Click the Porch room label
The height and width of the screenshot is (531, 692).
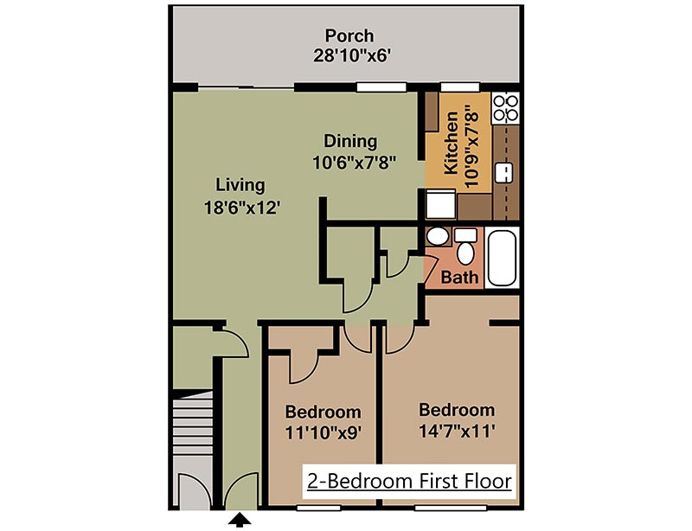tap(349, 36)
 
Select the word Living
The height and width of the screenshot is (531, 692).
tap(240, 185)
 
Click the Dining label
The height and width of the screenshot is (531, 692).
tap(350, 141)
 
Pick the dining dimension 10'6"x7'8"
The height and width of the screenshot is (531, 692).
tap(355, 162)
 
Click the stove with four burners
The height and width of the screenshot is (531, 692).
tap(504, 107)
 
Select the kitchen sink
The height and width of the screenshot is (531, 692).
tap(504, 172)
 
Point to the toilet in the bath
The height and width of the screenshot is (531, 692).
tap(466, 248)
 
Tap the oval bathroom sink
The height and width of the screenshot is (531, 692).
tap(438, 236)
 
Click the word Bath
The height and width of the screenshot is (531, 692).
tap(459, 278)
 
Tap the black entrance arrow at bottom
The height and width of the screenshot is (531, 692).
tap(241, 520)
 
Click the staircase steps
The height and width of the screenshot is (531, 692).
tap(191, 421)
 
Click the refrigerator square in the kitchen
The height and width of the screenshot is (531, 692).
tap(440, 205)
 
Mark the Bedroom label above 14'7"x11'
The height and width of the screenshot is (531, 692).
tap(456, 409)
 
